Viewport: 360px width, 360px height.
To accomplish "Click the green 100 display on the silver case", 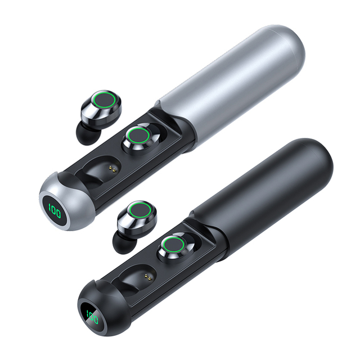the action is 55,211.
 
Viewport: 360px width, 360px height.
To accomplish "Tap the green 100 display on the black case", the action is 92,317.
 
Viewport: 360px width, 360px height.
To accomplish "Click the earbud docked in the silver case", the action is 141,138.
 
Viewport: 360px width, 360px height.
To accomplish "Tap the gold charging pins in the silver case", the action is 113,169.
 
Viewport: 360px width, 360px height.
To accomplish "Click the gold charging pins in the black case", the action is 149,277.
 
